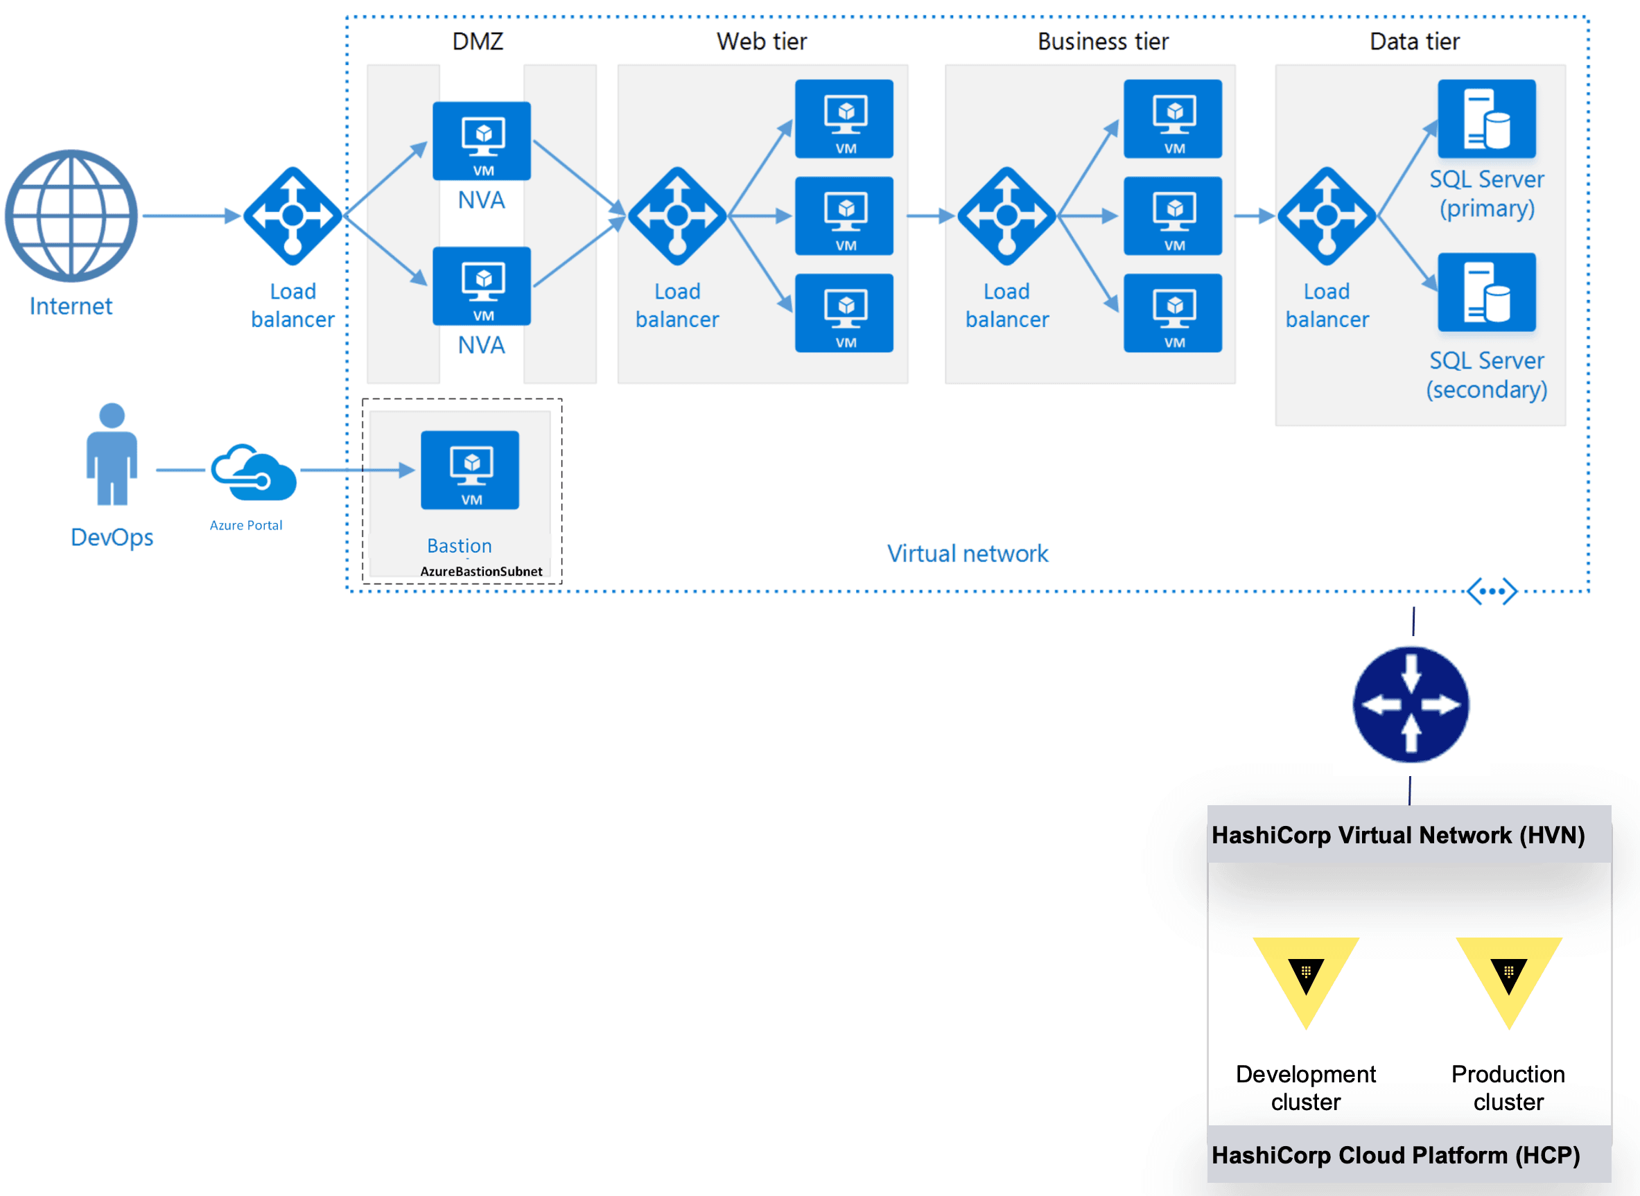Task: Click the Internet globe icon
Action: (71, 216)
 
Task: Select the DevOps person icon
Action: (112, 455)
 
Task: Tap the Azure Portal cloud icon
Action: (254, 473)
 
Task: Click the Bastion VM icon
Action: (470, 470)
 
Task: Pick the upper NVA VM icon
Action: (482, 141)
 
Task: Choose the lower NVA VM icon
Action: (482, 286)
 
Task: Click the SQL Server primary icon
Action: (1486, 118)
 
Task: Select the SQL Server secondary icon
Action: (1486, 292)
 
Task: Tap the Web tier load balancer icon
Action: (677, 216)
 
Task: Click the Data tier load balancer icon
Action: (1327, 216)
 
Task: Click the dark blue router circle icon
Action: (1411, 705)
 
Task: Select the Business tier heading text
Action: (1103, 42)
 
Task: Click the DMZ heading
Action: (478, 42)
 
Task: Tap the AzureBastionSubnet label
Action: (481, 571)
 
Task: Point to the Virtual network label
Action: (968, 554)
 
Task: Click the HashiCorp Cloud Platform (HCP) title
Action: (1395, 1154)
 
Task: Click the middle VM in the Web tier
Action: (844, 216)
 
